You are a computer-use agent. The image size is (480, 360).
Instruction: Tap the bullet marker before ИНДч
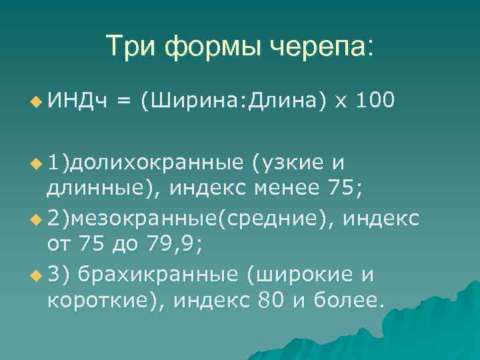click(35, 102)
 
